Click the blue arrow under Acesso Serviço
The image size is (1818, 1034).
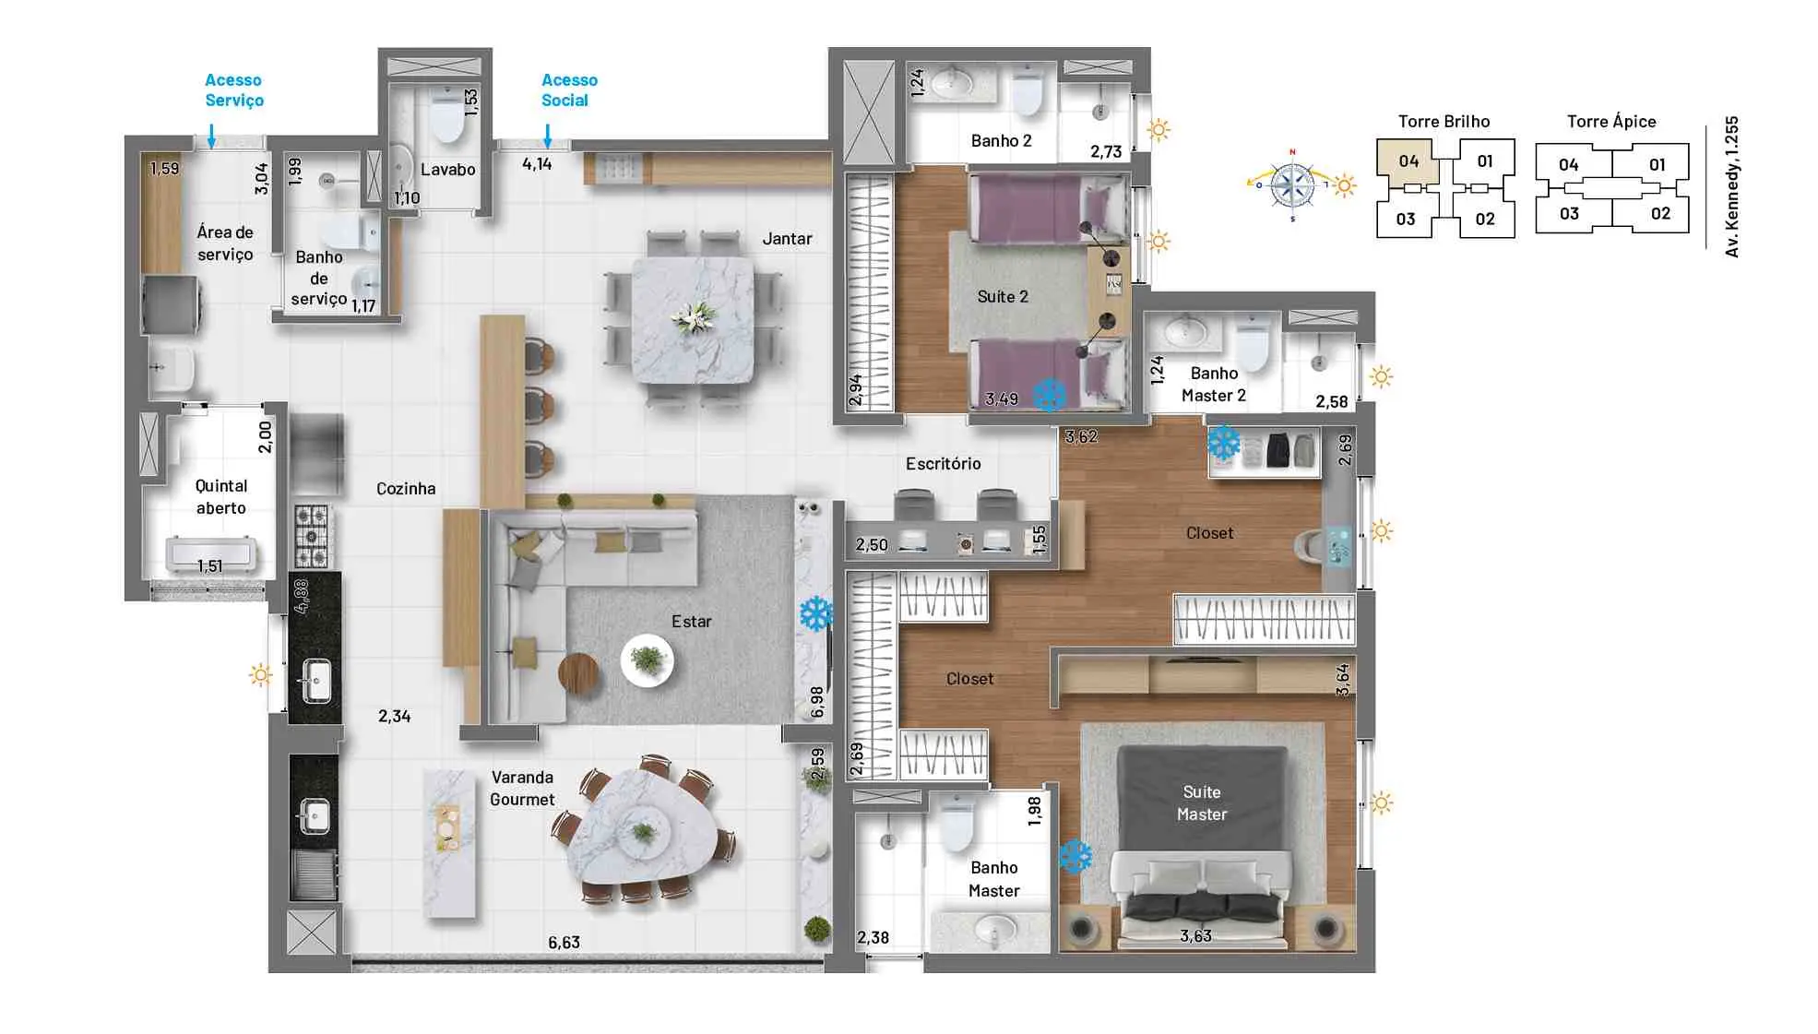pos(211,136)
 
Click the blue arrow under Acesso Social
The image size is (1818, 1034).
pos(548,136)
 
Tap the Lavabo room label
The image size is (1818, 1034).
pos(447,170)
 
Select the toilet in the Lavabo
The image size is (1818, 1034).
pos(448,119)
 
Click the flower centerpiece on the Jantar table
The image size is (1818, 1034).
pos(694,318)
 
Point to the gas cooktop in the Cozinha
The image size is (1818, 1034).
pos(312,536)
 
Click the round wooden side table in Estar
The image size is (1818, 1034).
pos(578,672)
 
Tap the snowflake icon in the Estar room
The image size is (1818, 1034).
pos(815,613)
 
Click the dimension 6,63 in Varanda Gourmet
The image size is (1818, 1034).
pos(564,943)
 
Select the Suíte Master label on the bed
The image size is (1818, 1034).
pos(1201,803)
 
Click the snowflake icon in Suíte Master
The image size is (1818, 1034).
pos(1075,857)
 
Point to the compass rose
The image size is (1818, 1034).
pos(1292,184)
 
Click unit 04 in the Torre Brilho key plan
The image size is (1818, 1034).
pos(1408,161)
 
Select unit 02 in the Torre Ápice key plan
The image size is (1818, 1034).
pos(1660,214)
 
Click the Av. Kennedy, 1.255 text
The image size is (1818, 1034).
pos(1731,186)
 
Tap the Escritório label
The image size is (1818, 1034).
pos(943,464)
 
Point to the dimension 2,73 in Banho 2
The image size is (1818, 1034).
pos(1105,152)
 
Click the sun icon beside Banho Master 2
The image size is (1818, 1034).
pos(1381,376)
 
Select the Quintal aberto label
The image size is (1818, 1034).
pos(220,496)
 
